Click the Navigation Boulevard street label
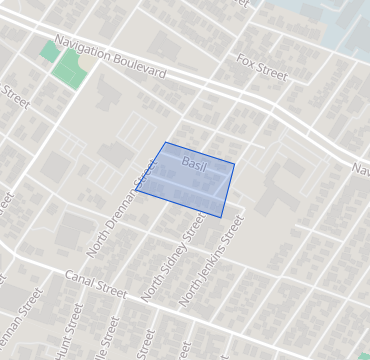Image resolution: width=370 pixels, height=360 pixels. [x=110, y=59]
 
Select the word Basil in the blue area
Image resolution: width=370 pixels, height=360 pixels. [x=194, y=163]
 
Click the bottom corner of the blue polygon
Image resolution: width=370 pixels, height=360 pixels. [x=221, y=217]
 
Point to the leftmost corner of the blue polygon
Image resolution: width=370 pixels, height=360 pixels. [x=135, y=189]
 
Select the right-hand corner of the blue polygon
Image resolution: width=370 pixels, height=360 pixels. [x=235, y=164]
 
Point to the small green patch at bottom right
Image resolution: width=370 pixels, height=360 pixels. [x=364, y=355]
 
